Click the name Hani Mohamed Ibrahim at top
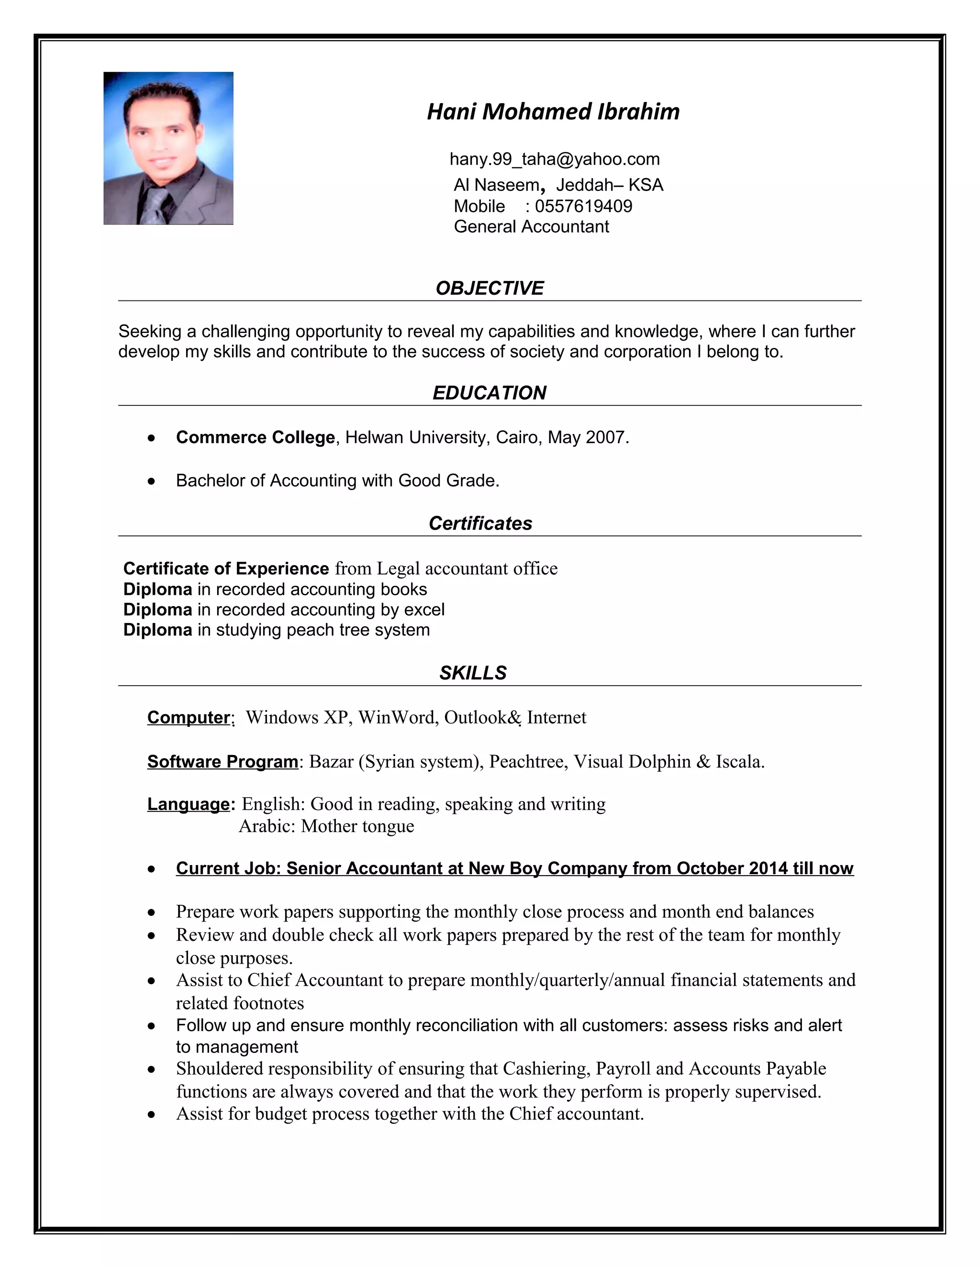click(x=553, y=111)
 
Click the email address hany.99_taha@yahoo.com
click(x=555, y=158)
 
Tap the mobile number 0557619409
click(x=583, y=206)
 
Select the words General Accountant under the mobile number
click(x=531, y=226)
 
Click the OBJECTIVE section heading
click(x=490, y=288)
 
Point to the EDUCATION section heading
click(x=490, y=392)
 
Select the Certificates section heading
click(x=480, y=523)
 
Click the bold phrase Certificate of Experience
click(x=226, y=568)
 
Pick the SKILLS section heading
click(x=473, y=672)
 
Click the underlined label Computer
click(x=189, y=717)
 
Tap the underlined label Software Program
click(x=223, y=761)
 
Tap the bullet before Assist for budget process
click(x=152, y=1113)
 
